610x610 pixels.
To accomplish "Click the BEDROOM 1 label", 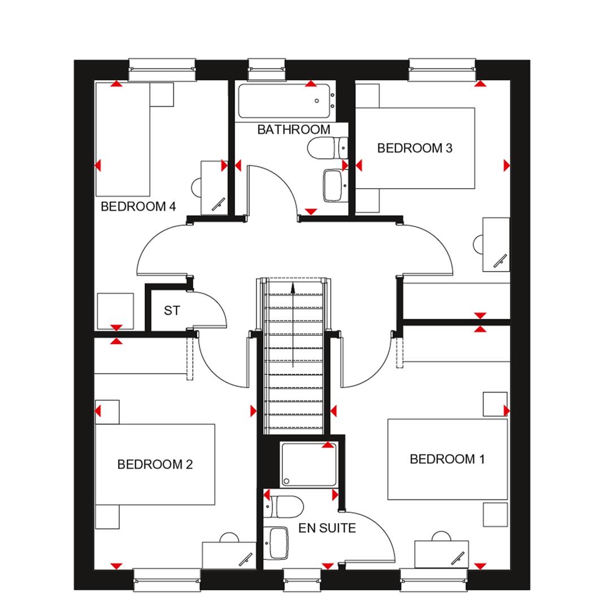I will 447,459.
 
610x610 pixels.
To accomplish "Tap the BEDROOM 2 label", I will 155,464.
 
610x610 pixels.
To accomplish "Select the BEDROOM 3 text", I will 415,148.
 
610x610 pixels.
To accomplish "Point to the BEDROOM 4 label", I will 138,207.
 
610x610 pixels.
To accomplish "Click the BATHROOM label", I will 294,129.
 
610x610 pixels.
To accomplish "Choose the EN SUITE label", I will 327,529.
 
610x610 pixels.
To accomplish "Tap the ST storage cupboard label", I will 172,311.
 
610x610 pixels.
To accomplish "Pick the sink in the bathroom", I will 334,186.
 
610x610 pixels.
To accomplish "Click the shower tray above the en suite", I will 309,464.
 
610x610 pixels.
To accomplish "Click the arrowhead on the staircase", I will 293,287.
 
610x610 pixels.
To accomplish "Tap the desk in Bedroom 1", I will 441,554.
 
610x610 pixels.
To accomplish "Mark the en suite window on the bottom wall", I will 302,579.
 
